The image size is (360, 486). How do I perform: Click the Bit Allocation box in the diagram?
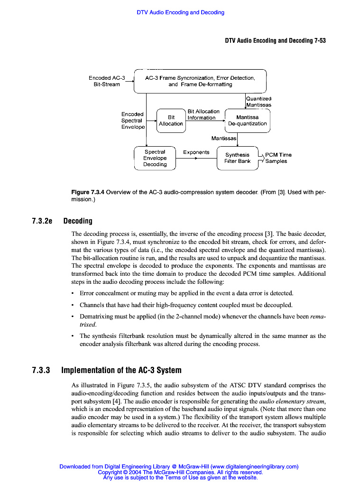(x=171, y=121)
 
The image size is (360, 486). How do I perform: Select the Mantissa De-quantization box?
(x=247, y=121)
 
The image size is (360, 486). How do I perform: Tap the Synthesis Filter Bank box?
(x=237, y=158)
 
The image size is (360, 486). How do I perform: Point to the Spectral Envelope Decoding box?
(x=155, y=158)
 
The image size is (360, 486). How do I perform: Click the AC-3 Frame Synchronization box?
(x=200, y=81)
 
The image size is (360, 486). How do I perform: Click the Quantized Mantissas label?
(x=258, y=102)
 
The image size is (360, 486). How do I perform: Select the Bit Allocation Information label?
(x=203, y=114)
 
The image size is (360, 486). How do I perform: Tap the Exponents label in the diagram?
(x=196, y=152)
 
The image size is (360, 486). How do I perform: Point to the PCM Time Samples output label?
(x=278, y=158)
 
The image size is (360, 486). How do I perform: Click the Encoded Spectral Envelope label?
(x=133, y=121)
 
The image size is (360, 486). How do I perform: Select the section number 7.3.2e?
(x=42, y=221)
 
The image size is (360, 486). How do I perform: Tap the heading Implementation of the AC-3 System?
(x=121, y=370)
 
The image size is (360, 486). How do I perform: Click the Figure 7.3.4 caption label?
(x=88, y=193)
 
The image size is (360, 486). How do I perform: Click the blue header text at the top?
(x=180, y=12)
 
